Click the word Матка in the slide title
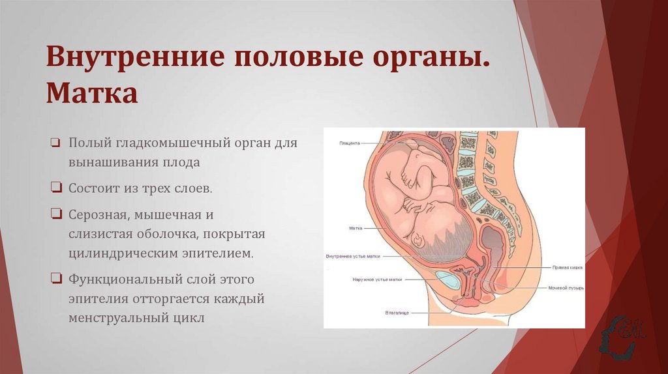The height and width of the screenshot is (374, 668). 91,93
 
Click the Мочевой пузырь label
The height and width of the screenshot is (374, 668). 565,287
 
